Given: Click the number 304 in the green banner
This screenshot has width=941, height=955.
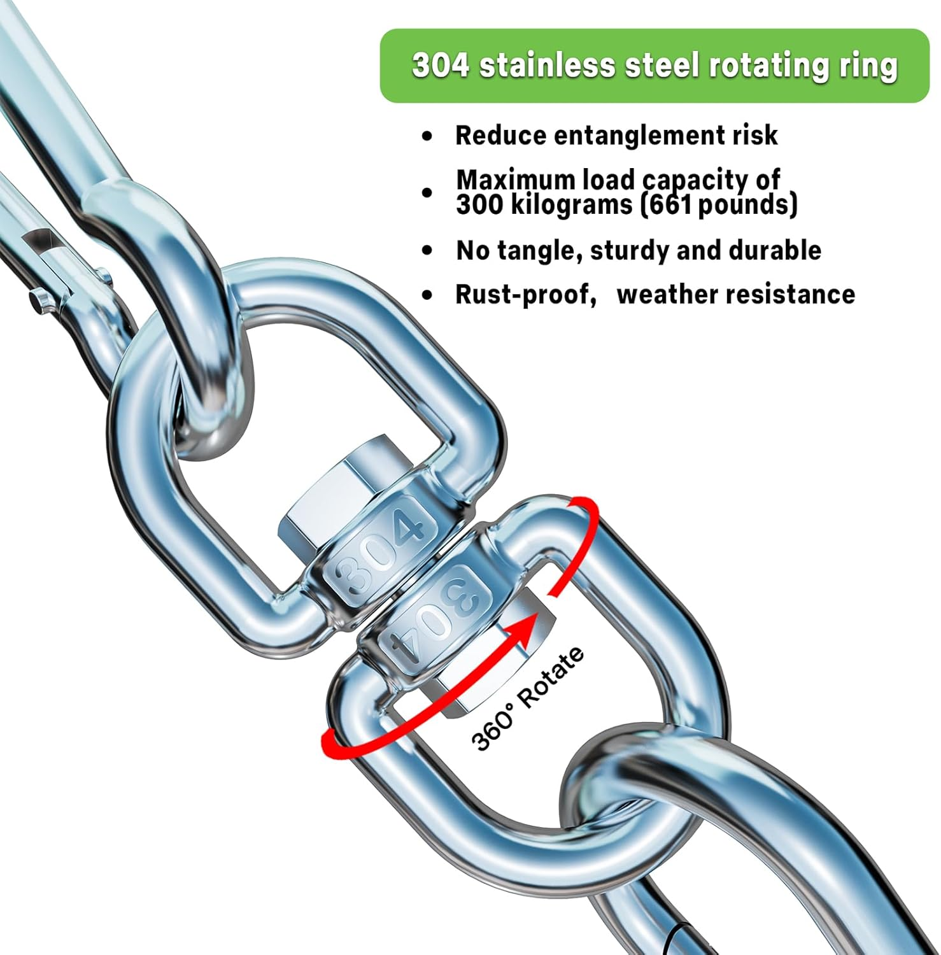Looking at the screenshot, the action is (441, 66).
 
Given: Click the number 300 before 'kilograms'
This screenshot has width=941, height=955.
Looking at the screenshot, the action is (477, 204).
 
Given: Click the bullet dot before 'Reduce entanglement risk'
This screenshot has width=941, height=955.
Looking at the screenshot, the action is (427, 136).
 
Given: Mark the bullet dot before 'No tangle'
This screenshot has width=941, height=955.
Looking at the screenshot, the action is (427, 251).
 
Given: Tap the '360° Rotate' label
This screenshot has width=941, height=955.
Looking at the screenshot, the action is (527, 698).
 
